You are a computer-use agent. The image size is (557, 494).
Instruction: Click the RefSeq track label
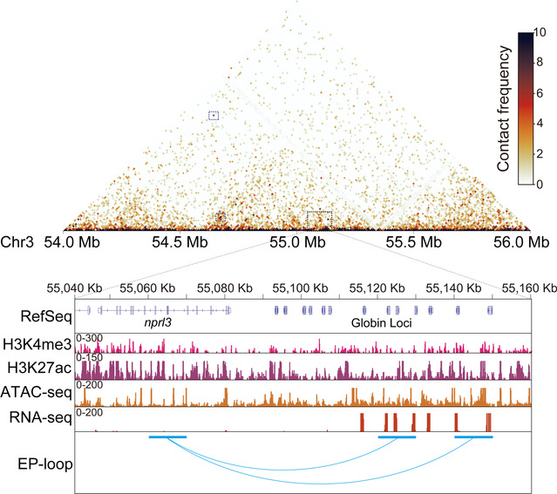click(x=34, y=312)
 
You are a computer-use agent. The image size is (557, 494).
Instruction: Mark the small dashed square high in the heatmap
click(x=214, y=115)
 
